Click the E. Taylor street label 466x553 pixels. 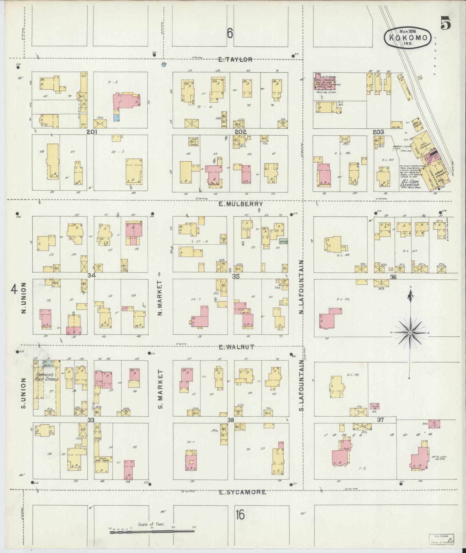coord(235,60)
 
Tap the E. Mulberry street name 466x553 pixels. coord(240,204)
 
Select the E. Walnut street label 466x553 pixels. coord(236,347)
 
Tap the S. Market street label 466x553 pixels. coord(161,389)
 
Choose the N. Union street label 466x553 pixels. coord(24,298)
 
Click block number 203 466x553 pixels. coord(378,132)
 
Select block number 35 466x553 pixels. coord(236,276)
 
